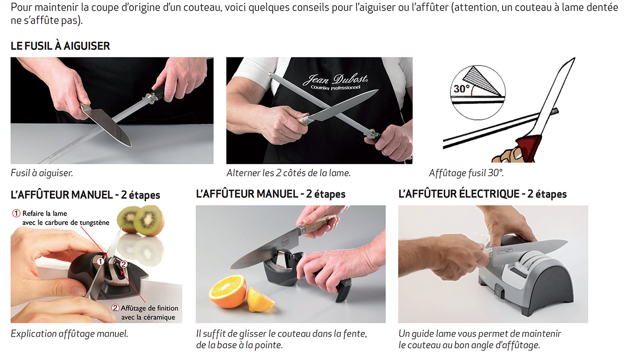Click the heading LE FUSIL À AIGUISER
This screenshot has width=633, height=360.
click(60, 46)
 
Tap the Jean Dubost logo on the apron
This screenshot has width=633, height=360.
click(335, 81)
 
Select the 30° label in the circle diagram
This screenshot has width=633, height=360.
click(462, 89)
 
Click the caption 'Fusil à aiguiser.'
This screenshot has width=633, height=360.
click(42, 173)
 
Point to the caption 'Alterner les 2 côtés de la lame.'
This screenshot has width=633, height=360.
click(289, 173)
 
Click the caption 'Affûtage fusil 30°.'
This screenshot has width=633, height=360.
click(466, 173)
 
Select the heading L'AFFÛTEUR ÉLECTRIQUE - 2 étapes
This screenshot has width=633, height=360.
click(482, 194)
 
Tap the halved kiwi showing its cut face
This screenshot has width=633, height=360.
click(149, 221)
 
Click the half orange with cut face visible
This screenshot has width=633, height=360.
click(227, 291)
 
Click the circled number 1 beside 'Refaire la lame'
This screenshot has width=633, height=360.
click(16, 213)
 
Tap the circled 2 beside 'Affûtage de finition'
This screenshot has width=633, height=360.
click(115, 308)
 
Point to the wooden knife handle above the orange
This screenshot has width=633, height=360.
click(316, 224)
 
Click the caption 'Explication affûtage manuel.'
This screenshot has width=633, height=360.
click(70, 334)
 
